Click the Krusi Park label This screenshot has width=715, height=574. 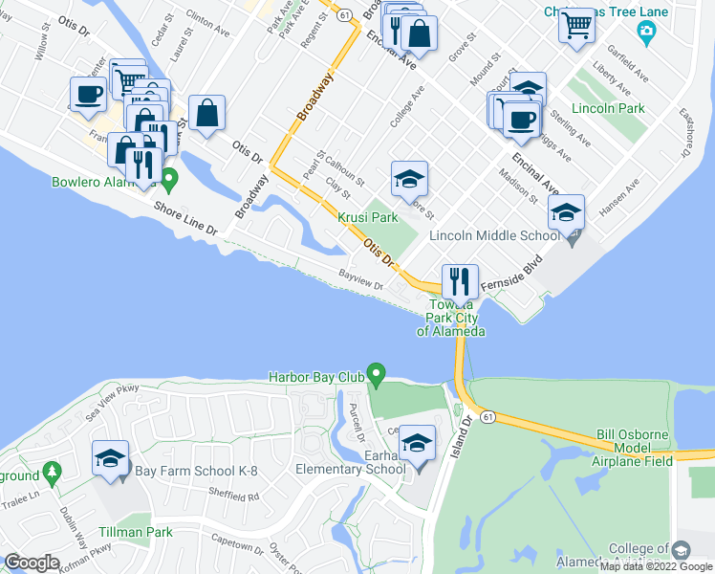point(368,218)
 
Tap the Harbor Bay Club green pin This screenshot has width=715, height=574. point(376,373)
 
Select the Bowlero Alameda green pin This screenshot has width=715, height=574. point(169,178)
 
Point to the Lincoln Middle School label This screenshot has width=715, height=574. point(494,235)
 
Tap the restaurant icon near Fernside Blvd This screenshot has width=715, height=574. point(460,282)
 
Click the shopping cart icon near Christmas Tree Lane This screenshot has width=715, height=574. point(577,28)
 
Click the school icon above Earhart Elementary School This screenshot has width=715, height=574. point(417,444)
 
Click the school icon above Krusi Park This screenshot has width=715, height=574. point(409,180)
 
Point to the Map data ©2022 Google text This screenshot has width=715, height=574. point(656,567)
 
